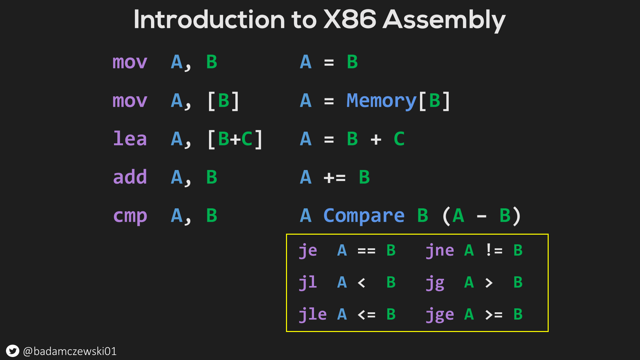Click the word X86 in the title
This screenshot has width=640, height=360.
[x=350, y=19]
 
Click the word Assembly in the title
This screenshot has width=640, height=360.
[x=444, y=20]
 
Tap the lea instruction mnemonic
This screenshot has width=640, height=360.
[x=130, y=139]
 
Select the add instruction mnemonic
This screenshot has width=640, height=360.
[x=130, y=177]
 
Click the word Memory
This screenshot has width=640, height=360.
[x=381, y=101]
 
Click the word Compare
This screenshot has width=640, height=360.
[x=364, y=216]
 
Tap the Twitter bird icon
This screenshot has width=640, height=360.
[x=13, y=351]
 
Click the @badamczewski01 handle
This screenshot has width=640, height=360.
[x=70, y=351]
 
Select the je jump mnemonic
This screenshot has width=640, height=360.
[x=308, y=251]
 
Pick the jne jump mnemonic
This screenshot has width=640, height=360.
[x=440, y=251]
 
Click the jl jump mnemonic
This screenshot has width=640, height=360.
[x=308, y=283]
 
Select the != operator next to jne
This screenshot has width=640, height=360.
[x=494, y=250]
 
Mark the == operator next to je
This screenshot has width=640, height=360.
[x=366, y=251]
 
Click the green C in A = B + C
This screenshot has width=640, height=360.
[x=399, y=139]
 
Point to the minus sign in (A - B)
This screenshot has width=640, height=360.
[x=481, y=217]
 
